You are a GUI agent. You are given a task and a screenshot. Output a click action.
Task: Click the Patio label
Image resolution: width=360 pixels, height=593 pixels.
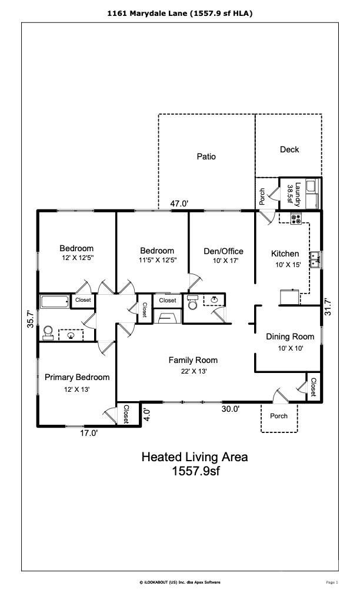pyautogui.click(x=206, y=156)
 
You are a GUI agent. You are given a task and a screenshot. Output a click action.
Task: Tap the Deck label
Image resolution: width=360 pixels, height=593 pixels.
pyautogui.click(x=289, y=149)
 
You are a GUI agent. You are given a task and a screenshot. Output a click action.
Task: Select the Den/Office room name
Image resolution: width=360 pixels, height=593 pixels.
pyautogui.click(x=223, y=251)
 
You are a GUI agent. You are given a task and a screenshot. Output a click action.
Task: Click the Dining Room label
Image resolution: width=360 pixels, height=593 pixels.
pyautogui.click(x=290, y=337)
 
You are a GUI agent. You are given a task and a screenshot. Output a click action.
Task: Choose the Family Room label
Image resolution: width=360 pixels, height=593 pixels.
pyautogui.click(x=193, y=360)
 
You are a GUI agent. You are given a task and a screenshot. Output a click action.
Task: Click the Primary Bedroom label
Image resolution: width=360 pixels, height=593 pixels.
pyautogui.click(x=77, y=377)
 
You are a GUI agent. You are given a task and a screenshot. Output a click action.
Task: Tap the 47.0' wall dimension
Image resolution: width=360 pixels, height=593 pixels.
pyautogui.click(x=179, y=204)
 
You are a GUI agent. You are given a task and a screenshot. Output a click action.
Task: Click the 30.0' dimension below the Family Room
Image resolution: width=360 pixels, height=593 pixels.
pyautogui.click(x=230, y=409)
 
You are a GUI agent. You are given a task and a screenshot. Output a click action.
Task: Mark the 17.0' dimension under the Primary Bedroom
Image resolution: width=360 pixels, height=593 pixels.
pyautogui.click(x=89, y=434)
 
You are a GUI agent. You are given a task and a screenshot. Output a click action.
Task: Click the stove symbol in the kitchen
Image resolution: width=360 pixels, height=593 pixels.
pyautogui.click(x=296, y=218)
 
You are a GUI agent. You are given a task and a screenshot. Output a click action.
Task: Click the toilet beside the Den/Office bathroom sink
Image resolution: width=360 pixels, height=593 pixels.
pyautogui.click(x=192, y=303)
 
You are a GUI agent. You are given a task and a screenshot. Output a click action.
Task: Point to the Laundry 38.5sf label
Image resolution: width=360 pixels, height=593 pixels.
pyautogui.click(x=294, y=193)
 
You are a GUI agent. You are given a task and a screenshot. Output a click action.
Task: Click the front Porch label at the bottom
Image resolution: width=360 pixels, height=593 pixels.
pyautogui.click(x=279, y=416)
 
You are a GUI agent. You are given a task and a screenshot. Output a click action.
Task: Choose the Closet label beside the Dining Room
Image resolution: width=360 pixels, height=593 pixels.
pyautogui.click(x=314, y=387)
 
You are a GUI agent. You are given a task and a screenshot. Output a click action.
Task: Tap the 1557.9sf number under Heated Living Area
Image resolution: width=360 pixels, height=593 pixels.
pyautogui.click(x=195, y=471)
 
